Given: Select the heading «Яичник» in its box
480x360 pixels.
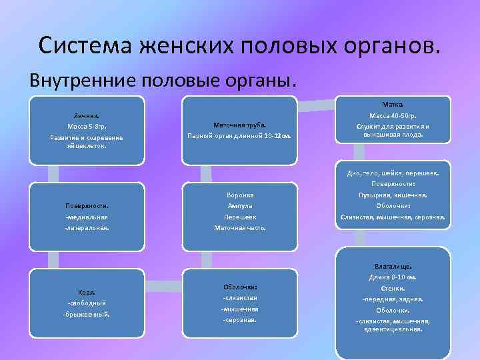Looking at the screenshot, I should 87,115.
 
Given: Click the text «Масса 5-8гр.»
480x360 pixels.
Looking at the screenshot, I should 87,126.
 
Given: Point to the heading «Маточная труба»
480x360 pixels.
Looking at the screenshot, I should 239,125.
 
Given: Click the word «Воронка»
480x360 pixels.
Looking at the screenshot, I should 239,195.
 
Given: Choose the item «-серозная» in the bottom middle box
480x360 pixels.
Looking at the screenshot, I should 239,320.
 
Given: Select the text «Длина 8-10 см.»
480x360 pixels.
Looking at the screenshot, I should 393,277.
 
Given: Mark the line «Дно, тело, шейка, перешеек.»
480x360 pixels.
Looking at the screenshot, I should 393,173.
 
